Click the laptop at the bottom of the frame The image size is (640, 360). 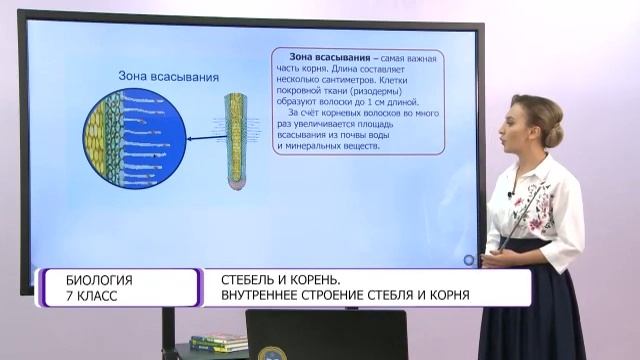(x=326, y=335)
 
